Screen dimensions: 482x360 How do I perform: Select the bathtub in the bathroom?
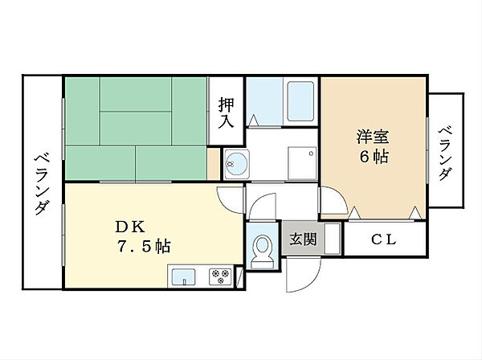tap(300, 101)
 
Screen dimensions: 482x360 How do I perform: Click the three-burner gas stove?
tap(220, 276)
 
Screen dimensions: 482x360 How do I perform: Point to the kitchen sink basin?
tap(183, 276)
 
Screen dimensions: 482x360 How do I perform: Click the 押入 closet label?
tap(226, 112)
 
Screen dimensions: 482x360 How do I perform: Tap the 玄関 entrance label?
tap(303, 239)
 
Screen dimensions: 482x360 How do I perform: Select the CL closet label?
tap(384, 239)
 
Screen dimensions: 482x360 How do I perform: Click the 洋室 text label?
tap(373, 137)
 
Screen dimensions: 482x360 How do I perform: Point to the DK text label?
tap(129, 227)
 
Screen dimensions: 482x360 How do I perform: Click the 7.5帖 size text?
tap(144, 246)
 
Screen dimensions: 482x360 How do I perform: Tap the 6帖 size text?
tap(374, 157)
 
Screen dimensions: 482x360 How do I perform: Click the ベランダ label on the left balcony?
tap(42, 184)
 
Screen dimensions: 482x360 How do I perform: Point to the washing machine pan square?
tap(302, 163)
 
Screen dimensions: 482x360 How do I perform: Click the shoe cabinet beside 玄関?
tap(333, 239)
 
